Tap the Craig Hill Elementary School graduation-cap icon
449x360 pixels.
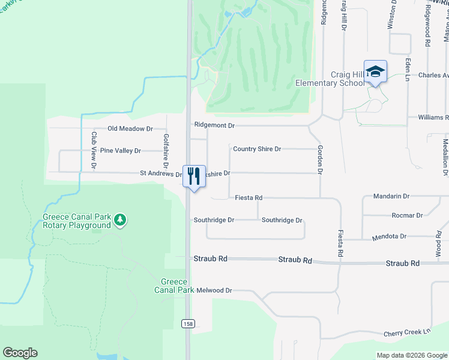point(375,72)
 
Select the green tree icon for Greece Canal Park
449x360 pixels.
point(121,220)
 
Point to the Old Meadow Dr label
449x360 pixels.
point(130,128)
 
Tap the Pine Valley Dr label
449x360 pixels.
point(120,151)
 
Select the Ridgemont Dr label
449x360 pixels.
point(214,125)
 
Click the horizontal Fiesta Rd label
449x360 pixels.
point(249,197)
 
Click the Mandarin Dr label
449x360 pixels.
point(391,196)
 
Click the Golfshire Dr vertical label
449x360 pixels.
point(166,150)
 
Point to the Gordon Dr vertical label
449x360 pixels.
point(320,162)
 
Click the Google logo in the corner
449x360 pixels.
point(20,353)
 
